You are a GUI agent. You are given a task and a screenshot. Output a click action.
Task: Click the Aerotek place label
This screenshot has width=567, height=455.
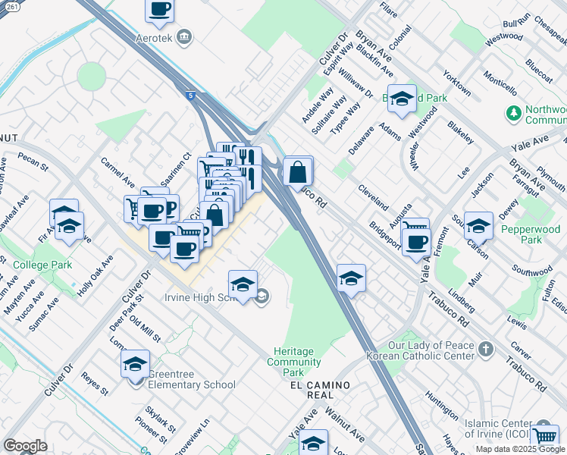(158, 38)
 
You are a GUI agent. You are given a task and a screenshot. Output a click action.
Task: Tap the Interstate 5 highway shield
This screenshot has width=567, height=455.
(192, 96)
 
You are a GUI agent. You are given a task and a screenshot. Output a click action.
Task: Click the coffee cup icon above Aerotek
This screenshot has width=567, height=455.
(160, 10)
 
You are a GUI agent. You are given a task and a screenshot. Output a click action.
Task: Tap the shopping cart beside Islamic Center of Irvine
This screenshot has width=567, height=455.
(545, 436)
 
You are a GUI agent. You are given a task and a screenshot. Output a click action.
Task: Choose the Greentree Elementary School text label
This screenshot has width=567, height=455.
(193, 384)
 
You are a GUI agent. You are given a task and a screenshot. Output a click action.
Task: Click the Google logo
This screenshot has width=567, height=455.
(25, 446)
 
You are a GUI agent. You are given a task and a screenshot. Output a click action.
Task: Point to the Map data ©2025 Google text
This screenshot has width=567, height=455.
(520, 449)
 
